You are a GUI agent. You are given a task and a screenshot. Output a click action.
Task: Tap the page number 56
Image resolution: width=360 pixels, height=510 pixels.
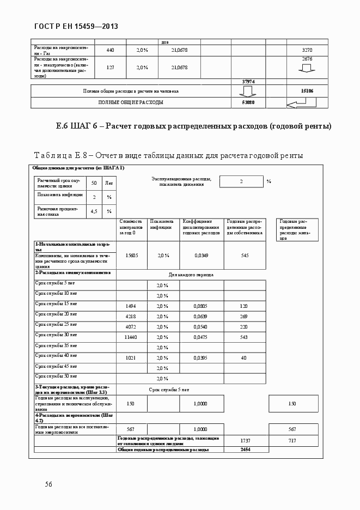click(x=48, y=484)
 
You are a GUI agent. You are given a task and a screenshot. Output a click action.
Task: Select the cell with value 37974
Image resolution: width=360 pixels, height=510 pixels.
click(x=248, y=81)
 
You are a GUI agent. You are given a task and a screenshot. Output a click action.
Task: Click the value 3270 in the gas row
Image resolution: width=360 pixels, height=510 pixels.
click(x=307, y=50)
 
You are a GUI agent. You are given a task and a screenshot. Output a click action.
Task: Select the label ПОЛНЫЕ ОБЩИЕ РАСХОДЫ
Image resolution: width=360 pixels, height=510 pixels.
click(x=130, y=102)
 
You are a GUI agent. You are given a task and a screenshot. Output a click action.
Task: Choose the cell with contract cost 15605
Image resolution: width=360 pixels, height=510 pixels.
click(x=131, y=255)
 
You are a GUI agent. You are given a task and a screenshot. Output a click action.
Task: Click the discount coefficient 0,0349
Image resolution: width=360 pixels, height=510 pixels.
click(x=201, y=255)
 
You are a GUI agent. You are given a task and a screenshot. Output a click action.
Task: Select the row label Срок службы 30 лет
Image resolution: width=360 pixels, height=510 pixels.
click(x=56, y=335)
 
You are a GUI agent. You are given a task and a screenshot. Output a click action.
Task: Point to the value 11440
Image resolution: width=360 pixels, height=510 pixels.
click(x=131, y=337)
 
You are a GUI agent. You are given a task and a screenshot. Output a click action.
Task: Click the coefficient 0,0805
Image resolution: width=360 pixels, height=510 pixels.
click(x=201, y=306)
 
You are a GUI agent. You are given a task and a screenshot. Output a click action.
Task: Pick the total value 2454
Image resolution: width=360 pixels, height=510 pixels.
click(x=245, y=450)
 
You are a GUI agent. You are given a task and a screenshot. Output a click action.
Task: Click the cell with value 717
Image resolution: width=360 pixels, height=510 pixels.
click(x=292, y=440)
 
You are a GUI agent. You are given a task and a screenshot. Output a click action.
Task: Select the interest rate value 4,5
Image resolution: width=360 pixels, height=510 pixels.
click(x=94, y=211)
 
